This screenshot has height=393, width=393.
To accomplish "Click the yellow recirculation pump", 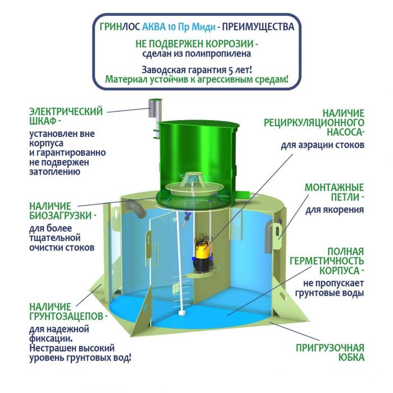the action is tap(203, 253).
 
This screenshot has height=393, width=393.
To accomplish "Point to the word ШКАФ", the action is tap(43, 121).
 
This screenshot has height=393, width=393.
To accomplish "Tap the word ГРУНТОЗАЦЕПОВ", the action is tap(66, 316).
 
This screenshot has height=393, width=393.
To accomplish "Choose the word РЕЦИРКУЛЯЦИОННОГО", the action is tap(314, 123).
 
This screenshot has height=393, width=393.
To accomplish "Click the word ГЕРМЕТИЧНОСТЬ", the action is tap(327, 261).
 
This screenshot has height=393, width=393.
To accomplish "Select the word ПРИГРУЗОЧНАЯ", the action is tap(330, 348).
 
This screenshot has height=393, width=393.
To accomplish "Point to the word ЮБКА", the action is tap(351, 358).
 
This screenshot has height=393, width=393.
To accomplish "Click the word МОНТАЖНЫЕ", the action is tap(335, 188).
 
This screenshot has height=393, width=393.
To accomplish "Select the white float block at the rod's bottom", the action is tap(181, 313).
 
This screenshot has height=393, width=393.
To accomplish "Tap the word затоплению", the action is tap(55, 172).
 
